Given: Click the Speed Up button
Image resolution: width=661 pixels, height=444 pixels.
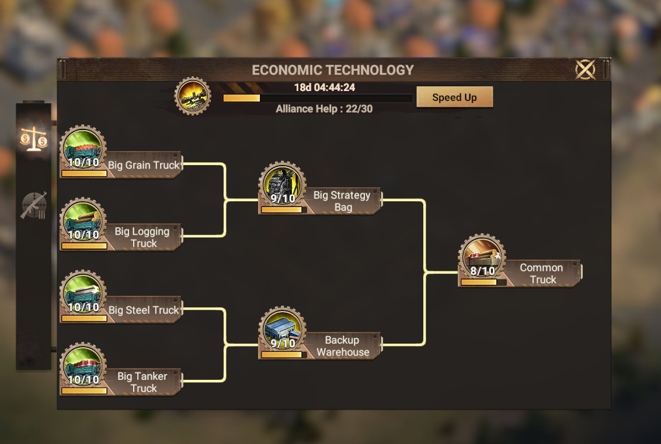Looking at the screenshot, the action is coord(454,97).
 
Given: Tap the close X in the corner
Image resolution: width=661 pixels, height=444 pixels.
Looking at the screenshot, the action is coord(585,70).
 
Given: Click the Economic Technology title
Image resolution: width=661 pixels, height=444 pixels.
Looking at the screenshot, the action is coord(333,70).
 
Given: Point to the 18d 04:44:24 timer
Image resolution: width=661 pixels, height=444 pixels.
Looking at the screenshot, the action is coord(325,88).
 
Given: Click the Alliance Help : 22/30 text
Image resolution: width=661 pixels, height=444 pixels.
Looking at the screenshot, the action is coord(324,109).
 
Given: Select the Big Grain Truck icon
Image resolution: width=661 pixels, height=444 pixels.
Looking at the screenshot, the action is coord(83,148).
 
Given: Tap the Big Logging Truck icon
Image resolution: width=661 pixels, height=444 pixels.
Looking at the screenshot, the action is coord(83,221).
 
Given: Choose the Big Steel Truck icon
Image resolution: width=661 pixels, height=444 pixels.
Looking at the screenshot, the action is coord(83,293).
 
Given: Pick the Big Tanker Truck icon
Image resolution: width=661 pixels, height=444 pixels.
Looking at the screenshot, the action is coord(83,365).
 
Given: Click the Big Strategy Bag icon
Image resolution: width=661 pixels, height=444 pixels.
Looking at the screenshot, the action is coord(282,184).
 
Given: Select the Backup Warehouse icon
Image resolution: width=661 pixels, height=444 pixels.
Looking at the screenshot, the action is coord(282,329).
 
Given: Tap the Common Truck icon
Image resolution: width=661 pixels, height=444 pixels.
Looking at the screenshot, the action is coord(482,257).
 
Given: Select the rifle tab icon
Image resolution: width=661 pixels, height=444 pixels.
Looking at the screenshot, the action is coord(33,205).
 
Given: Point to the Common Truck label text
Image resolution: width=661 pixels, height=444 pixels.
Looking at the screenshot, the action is coord(542,274).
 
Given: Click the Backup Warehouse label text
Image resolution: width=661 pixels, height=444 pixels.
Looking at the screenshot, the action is coord(343,346).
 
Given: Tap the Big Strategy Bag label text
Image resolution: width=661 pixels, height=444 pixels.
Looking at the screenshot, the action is coord(342,201).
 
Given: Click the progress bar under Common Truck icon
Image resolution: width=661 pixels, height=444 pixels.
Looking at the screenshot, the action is coord(483,282).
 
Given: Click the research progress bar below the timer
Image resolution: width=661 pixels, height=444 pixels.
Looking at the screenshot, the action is coord(318,98).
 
